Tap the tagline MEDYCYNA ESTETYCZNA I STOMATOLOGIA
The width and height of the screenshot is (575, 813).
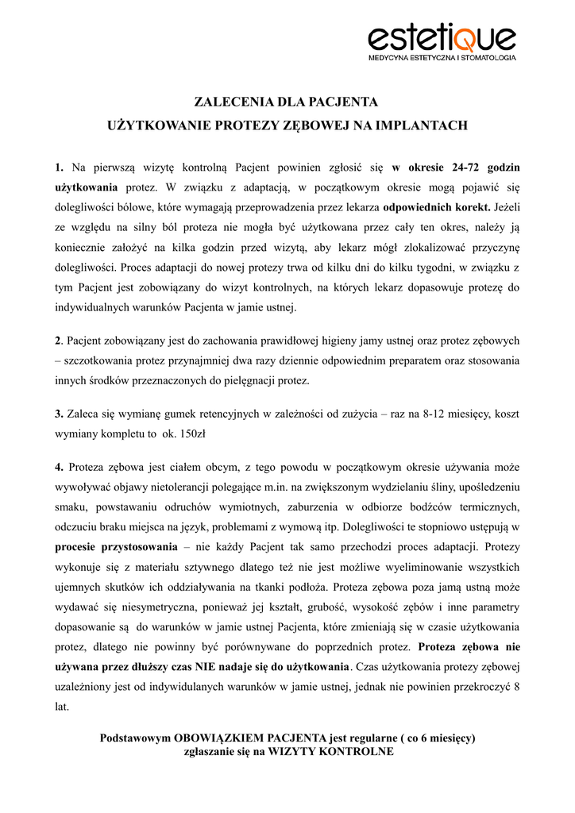pos(442,58)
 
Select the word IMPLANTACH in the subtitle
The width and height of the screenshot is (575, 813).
pos(423,125)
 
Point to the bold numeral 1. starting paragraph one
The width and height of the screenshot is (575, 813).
pos(60,168)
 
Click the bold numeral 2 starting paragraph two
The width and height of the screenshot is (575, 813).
pos(57,341)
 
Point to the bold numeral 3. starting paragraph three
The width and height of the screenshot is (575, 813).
pos(59,414)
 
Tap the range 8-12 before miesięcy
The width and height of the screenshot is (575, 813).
pos(434,414)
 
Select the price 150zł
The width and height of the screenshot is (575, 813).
pos(194,434)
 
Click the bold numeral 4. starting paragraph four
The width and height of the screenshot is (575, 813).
pos(60,466)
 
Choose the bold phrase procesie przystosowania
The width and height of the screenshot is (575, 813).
pos(116,546)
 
